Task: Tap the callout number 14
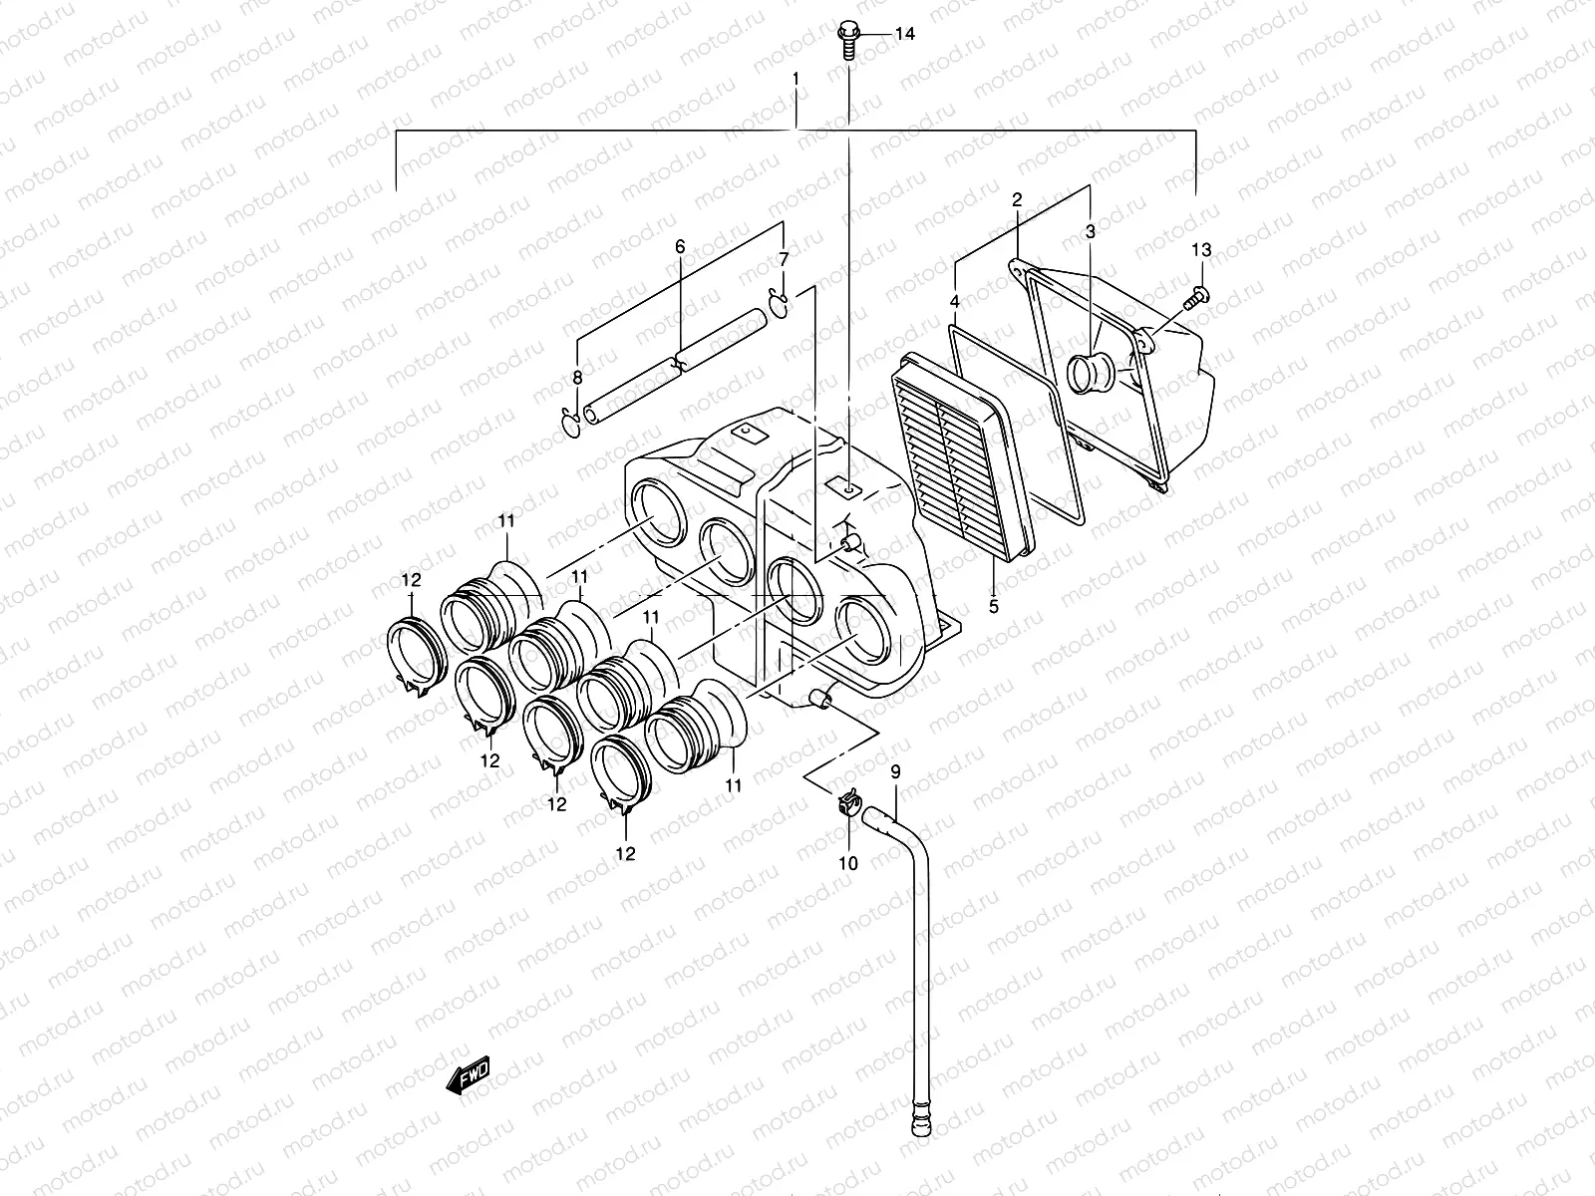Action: pyautogui.click(x=903, y=35)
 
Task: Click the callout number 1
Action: pyautogui.click(x=796, y=78)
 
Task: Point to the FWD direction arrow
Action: pyautogui.click(x=469, y=1074)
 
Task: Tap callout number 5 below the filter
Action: pyautogui.click(x=994, y=605)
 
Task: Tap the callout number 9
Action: pyautogui.click(x=894, y=770)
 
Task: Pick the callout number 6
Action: pyautogui.click(x=680, y=245)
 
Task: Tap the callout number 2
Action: pyautogui.click(x=1017, y=200)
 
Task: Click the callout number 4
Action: pyautogui.click(x=954, y=301)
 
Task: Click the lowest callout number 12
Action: pyautogui.click(x=625, y=853)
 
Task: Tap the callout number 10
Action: pyautogui.click(x=847, y=863)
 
